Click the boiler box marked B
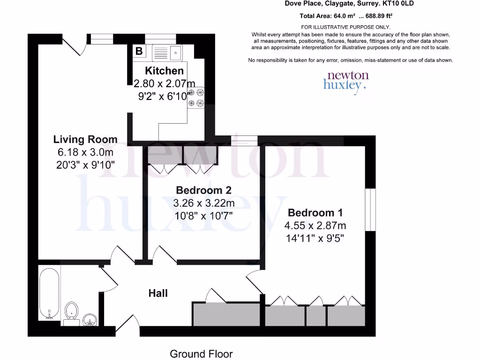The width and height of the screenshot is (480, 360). point(139,51)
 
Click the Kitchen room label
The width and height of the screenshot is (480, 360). point(164,71)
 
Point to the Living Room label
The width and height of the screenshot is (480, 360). point(85,139)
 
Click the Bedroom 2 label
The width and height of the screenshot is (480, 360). point(204,190)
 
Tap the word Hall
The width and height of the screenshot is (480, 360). point(158,293)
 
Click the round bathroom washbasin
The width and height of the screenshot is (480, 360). point(90,320)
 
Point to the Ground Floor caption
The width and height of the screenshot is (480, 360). point(201,354)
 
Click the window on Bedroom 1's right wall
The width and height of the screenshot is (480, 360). point(370,209)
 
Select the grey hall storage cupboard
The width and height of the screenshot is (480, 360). point(226,314)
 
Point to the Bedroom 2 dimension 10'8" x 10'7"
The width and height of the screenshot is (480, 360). point(204,216)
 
